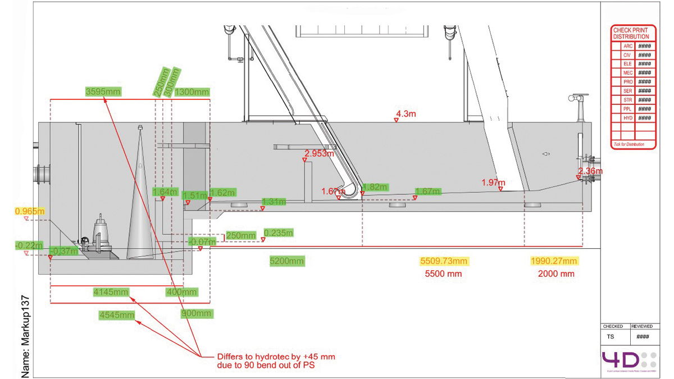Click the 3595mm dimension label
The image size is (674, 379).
pyautogui.click(x=103, y=91)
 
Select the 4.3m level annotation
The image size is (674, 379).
pyautogui.click(x=406, y=114)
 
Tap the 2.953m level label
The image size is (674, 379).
pyautogui.click(x=319, y=153)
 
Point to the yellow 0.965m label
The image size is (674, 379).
pyautogui.click(x=30, y=211)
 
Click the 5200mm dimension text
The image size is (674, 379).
pyautogui.click(x=287, y=261)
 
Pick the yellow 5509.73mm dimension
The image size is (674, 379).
pyautogui.click(x=444, y=261)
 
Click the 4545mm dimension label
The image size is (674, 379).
pyautogui.click(x=117, y=315)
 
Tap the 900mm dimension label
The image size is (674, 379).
pyautogui.click(x=197, y=313)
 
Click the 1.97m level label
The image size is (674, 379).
pyautogui.click(x=493, y=182)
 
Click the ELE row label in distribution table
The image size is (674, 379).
pyautogui.click(x=627, y=64)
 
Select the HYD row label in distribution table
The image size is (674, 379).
pyautogui.click(x=627, y=118)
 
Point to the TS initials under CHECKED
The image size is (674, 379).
pyautogui.click(x=611, y=337)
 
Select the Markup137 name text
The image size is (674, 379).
pyautogui.click(x=25, y=337)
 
